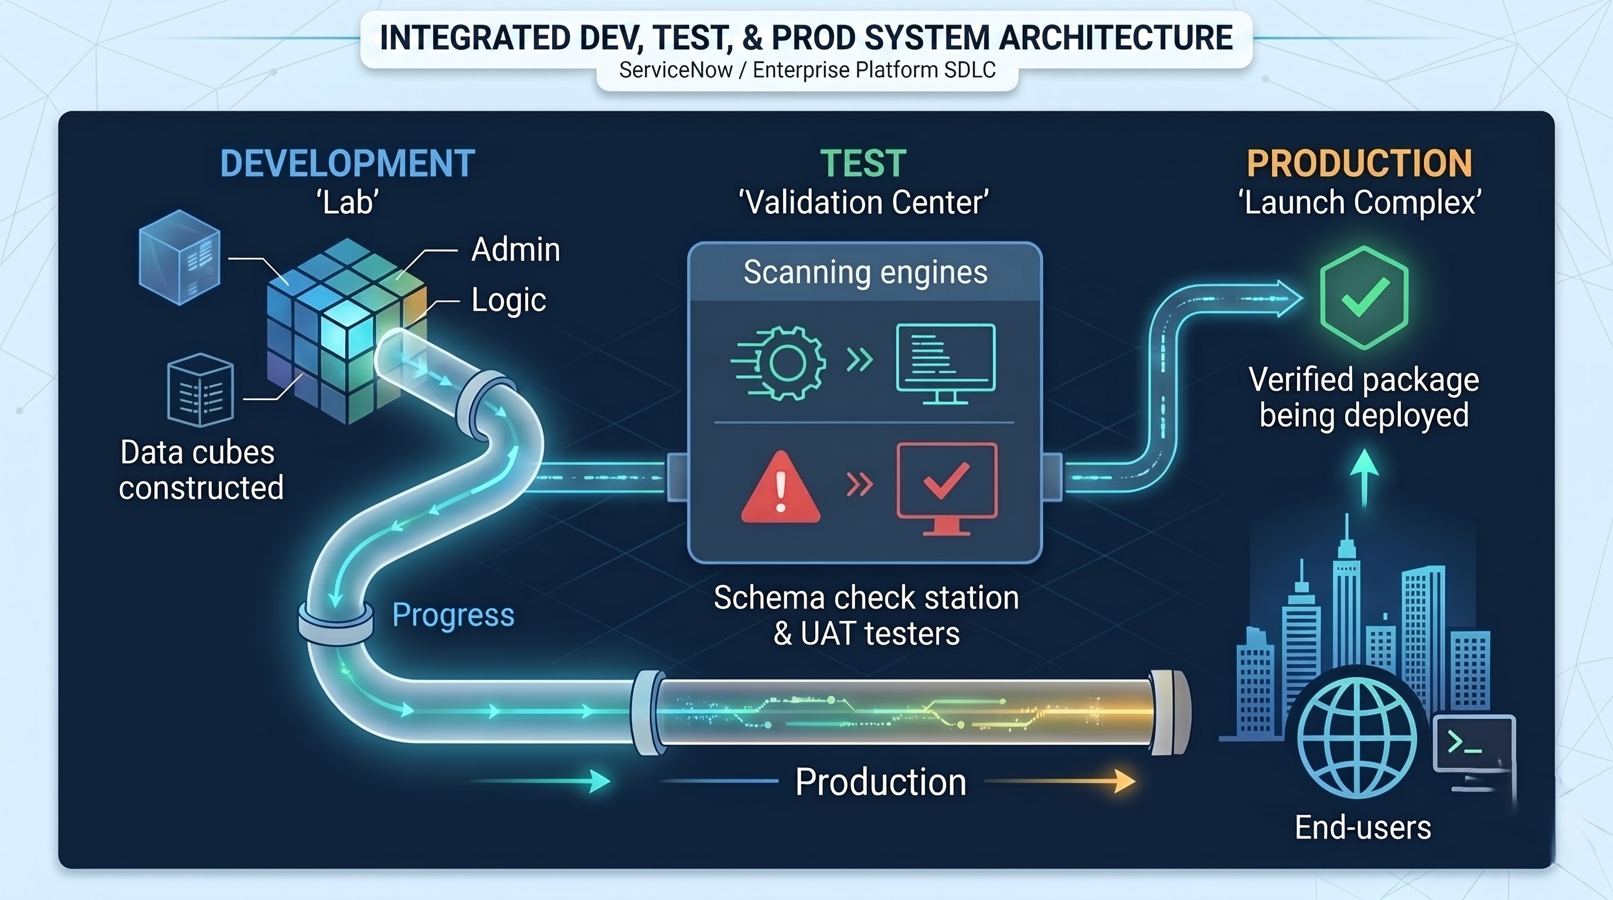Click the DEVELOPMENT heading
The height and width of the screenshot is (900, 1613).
coord(348,164)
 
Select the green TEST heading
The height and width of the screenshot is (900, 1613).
coord(863,164)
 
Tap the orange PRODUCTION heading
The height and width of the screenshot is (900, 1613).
coord(1359,164)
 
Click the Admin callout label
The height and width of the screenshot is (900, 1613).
coord(515,249)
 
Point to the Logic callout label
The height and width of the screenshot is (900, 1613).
coord(508,301)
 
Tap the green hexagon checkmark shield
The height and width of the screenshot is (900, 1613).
coord(1364,298)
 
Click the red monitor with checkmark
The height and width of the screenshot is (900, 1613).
coord(947,489)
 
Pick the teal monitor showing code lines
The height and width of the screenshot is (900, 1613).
coord(945,364)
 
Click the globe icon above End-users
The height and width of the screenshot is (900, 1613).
coord(1357,738)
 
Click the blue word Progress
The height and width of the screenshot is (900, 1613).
coord(453,615)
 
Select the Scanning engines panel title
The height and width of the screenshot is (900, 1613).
coord(865,272)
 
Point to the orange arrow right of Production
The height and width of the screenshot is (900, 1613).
coord(1060,781)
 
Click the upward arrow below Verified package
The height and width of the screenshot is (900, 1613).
coord(1364,479)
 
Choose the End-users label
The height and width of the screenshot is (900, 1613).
coord(1363,827)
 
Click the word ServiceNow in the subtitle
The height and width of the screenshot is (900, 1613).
coord(676,70)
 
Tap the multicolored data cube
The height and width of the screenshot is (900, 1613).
coord(346,330)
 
